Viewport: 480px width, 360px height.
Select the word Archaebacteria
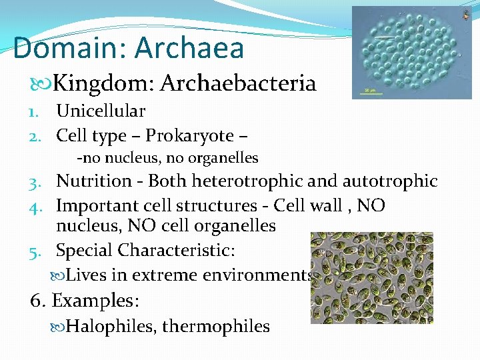pyautogui.click(x=238, y=83)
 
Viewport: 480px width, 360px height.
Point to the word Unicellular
pyautogui.click(x=101, y=111)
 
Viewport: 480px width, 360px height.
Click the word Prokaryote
pyautogui.click(x=189, y=136)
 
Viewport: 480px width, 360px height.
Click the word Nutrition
pyautogui.click(x=94, y=181)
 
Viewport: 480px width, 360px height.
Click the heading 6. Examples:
pyautogui.click(x=85, y=300)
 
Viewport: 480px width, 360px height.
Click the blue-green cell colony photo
pyautogui.click(x=411, y=52)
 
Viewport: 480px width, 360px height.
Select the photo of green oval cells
pyautogui.click(x=371, y=277)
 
